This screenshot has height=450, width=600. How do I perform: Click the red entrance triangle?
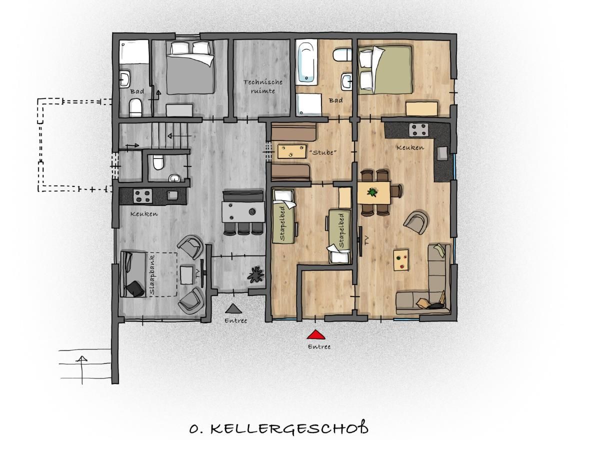[x=315, y=335]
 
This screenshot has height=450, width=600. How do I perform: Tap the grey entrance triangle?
[x=233, y=308]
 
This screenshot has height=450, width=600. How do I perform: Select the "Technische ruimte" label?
[x=262, y=86]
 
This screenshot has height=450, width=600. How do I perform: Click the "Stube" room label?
[x=322, y=152]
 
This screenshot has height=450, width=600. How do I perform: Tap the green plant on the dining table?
[x=372, y=192]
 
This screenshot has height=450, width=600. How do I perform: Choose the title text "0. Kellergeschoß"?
[x=279, y=429]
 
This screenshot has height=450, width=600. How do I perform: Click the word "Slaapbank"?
[x=152, y=274]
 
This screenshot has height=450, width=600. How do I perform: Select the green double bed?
[x=385, y=69]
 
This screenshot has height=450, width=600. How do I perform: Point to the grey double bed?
[x=190, y=67]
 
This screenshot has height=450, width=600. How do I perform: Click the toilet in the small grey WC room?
[x=158, y=162]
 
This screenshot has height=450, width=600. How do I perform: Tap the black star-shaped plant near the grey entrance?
[x=255, y=274]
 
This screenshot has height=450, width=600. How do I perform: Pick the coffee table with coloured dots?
[x=401, y=260]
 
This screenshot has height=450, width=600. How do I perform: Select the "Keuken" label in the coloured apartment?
[x=410, y=148]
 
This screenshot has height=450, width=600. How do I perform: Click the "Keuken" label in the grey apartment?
[x=144, y=213]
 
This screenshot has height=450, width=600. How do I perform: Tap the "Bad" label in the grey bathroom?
[x=137, y=91]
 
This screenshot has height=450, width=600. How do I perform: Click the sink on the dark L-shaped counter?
[x=442, y=153]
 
